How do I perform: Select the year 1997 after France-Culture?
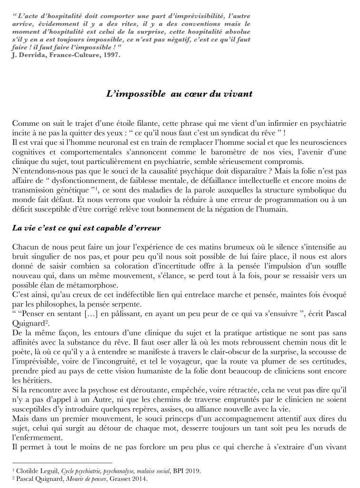point(110,54)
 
